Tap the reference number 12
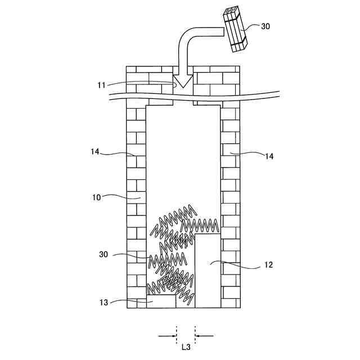pos(268,264)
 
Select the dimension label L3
pos(186,347)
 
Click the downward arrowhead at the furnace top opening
pos(182,83)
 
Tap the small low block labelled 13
pos(162,302)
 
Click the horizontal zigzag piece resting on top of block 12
pos(199,227)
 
